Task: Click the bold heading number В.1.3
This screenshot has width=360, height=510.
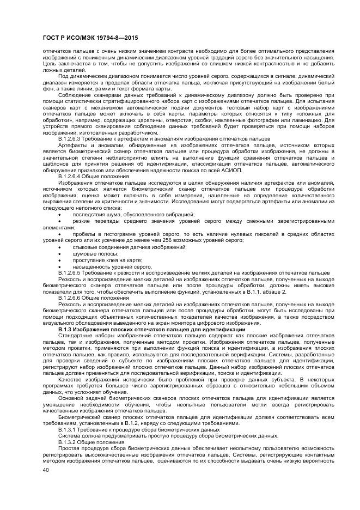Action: click(x=65, y=330)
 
